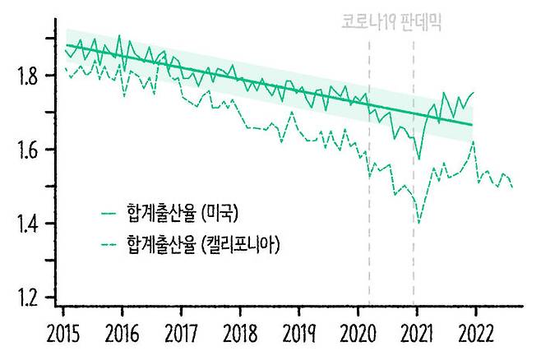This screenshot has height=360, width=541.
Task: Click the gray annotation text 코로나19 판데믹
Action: point(391,21)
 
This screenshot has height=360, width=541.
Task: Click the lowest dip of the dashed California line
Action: point(419,223)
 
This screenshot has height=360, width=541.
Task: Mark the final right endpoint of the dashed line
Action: point(512,187)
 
